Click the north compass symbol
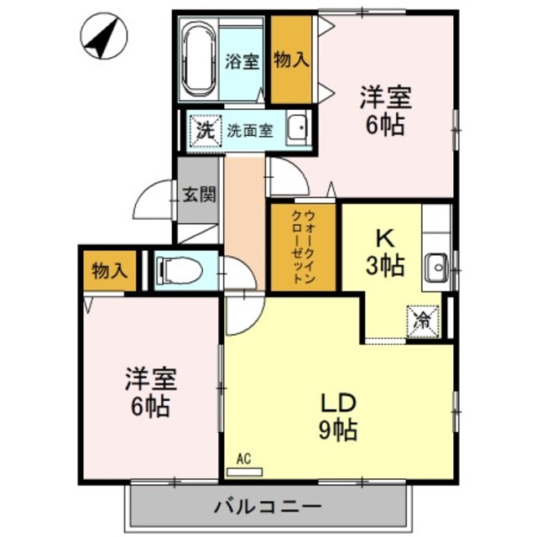[x=102, y=38]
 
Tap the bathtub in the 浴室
[x=199, y=60]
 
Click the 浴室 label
[x=242, y=62]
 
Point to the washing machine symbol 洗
[x=203, y=130]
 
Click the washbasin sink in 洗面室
[x=298, y=129]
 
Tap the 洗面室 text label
[x=250, y=131]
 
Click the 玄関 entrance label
[x=199, y=194]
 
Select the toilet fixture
[x=180, y=271]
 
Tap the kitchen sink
[x=436, y=268]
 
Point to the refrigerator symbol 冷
[x=425, y=319]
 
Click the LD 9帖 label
[x=339, y=415]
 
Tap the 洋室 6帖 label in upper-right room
[x=385, y=111]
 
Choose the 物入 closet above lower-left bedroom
[x=110, y=271]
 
